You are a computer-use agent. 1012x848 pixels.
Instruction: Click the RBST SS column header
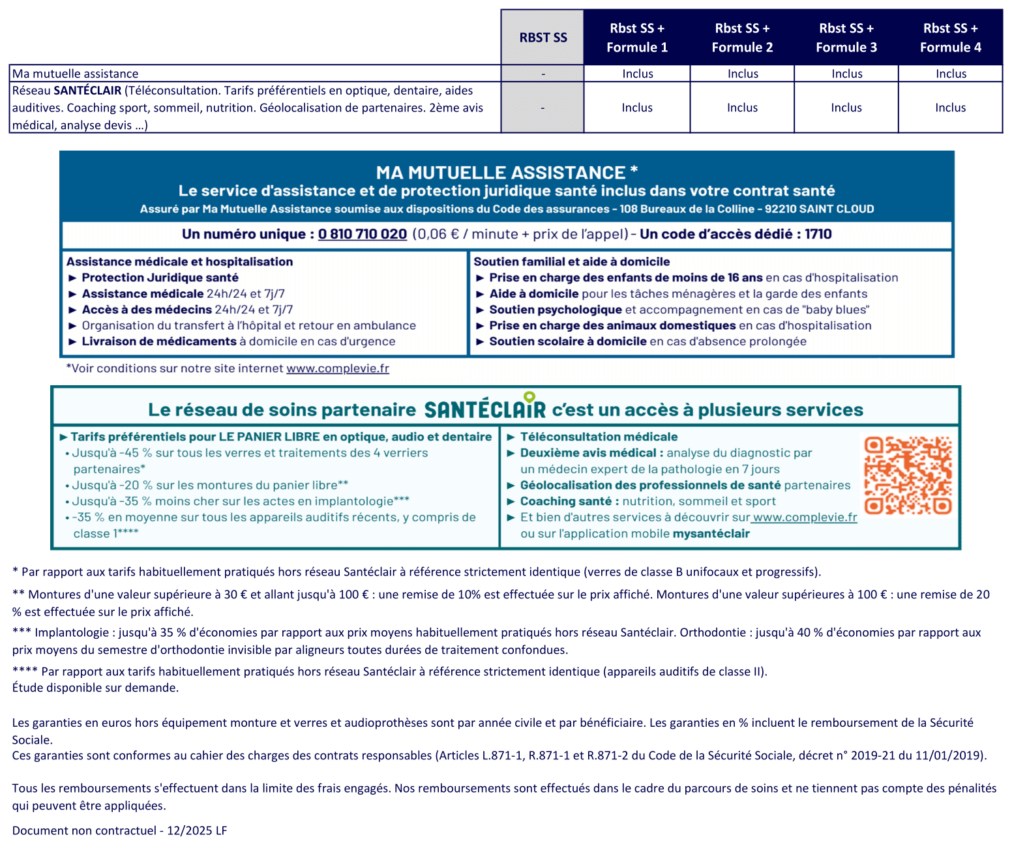click(543, 38)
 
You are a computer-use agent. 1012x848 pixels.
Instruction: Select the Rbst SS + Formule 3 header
click(846, 38)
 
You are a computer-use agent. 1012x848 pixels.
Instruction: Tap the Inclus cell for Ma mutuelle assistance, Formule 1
click(637, 74)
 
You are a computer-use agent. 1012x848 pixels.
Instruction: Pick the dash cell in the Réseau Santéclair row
click(543, 108)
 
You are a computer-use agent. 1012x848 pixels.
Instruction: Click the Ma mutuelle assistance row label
click(76, 74)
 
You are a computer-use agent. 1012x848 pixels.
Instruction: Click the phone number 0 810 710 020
click(362, 234)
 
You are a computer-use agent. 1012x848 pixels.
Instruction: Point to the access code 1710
click(818, 234)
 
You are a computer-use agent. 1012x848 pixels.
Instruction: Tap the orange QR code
click(908, 475)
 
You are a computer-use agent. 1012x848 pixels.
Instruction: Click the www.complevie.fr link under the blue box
click(338, 368)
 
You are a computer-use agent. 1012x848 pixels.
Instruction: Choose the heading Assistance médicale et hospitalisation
click(179, 261)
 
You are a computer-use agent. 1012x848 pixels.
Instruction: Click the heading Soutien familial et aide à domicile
click(571, 261)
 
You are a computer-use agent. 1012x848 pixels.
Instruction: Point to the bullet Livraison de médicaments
click(159, 342)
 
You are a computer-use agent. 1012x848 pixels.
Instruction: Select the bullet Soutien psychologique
click(556, 310)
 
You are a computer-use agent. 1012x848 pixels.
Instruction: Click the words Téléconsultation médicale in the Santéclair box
click(599, 437)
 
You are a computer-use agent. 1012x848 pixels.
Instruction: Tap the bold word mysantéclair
click(711, 534)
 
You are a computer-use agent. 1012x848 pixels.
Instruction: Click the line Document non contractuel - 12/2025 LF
click(119, 830)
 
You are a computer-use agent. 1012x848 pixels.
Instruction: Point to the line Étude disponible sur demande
click(95, 688)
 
